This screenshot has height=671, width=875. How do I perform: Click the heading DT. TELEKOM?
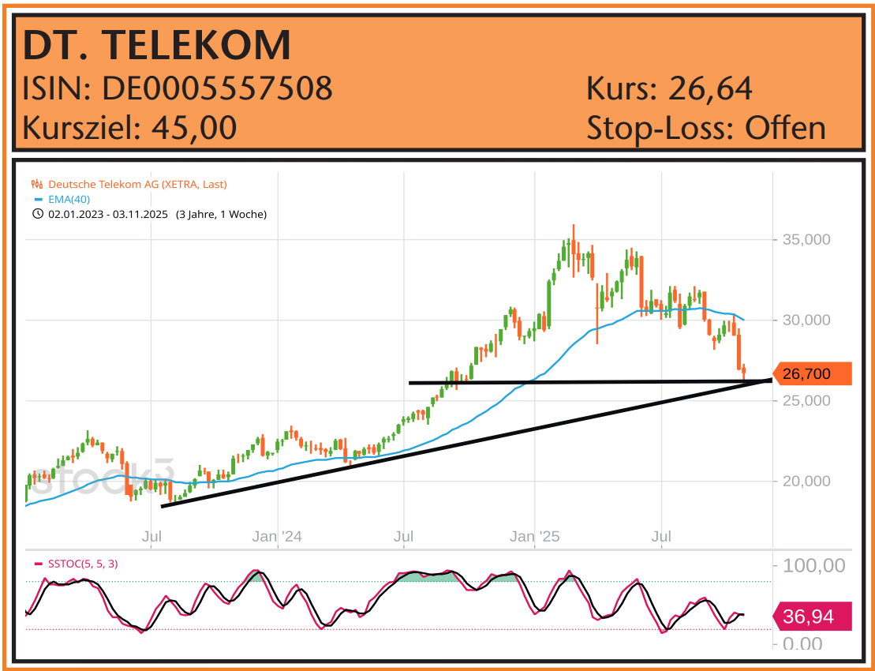click(x=157, y=45)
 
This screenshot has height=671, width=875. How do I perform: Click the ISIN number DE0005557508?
click(x=217, y=88)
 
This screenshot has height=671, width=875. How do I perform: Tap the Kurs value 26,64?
click(x=710, y=88)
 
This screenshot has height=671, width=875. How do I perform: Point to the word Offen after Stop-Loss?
click(x=785, y=127)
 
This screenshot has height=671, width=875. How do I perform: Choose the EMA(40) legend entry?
click(x=69, y=199)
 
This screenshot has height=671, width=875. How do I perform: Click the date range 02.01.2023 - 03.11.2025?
click(x=108, y=214)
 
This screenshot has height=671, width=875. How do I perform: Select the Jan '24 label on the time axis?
click(x=277, y=537)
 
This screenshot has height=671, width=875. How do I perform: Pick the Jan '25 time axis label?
click(x=534, y=537)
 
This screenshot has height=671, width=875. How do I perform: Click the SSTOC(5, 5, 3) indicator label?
click(x=83, y=564)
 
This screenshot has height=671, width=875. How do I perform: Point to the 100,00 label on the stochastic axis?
click(x=813, y=566)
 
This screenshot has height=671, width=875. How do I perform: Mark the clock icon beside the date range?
click(x=37, y=214)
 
